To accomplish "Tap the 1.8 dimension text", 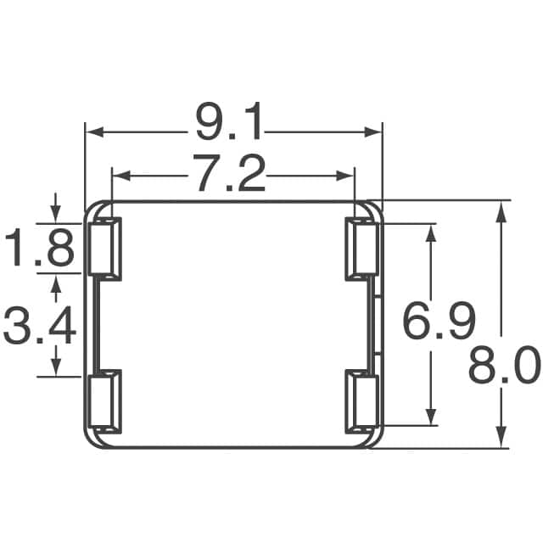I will [x=40, y=249].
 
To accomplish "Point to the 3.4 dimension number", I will [x=40, y=326].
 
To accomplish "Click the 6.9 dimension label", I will [x=437, y=322].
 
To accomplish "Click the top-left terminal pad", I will [x=106, y=248].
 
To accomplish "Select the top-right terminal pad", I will [x=361, y=248].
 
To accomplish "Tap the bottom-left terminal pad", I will [x=106, y=401].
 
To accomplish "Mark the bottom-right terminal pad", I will [x=361, y=401].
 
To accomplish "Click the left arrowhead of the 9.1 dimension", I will [x=94, y=132].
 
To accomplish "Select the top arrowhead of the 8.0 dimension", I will [x=503, y=210].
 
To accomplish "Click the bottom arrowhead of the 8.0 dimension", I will [x=503, y=438].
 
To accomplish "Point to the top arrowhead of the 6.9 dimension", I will [x=432, y=233].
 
